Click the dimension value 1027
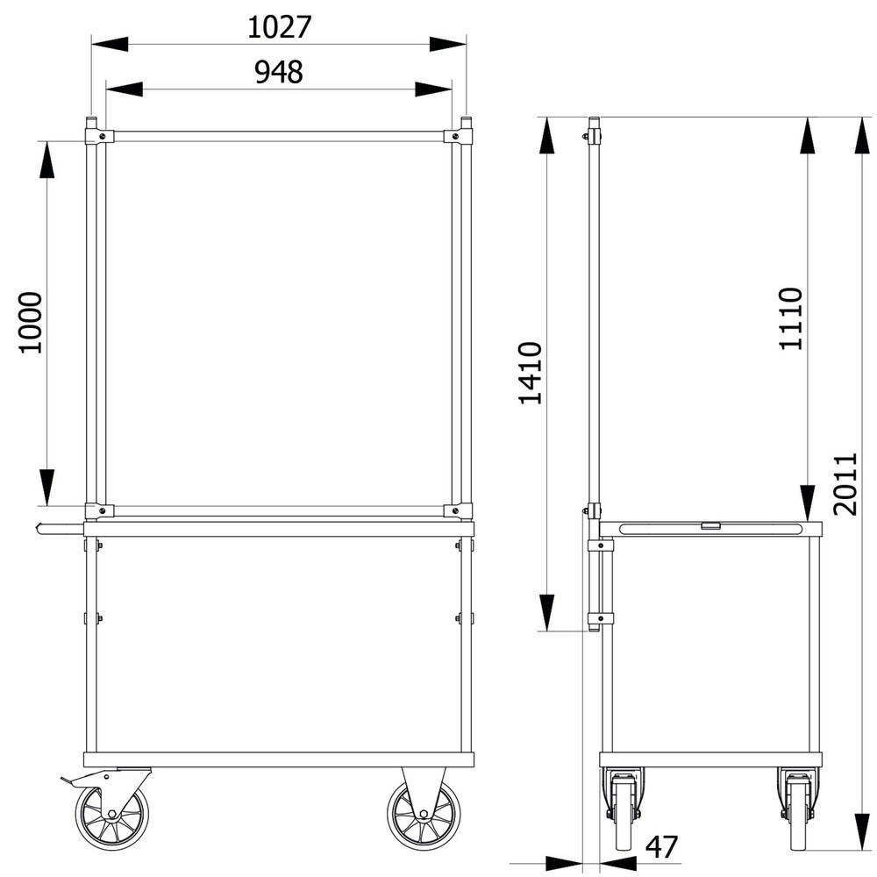[279, 27]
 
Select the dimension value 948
[279, 72]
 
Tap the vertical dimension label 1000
[31, 323]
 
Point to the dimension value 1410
[531, 373]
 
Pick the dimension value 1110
[791, 319]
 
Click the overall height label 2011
[845, 484]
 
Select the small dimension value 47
[661, 847]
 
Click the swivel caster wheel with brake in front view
[112, 813]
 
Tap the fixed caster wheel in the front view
[424, 813]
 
